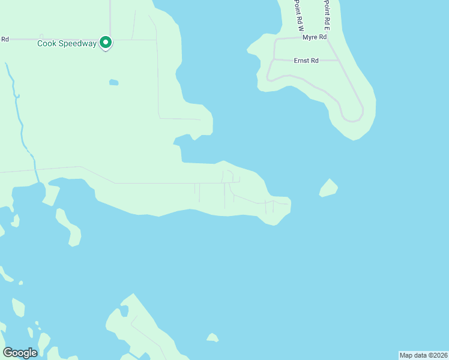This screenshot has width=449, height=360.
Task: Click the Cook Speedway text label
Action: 67,43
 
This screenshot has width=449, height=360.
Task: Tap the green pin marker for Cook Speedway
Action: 106,42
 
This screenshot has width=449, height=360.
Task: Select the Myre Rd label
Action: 314,37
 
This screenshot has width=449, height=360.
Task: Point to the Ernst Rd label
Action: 306,60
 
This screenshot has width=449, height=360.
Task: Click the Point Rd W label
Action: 298,15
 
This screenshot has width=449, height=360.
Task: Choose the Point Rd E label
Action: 327,15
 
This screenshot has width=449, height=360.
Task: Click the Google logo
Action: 20,352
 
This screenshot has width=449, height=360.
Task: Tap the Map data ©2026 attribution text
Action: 423,355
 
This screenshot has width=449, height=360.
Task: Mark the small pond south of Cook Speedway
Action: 113,82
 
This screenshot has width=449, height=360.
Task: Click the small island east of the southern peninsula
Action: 328,188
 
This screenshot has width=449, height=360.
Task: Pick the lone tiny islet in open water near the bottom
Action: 212,338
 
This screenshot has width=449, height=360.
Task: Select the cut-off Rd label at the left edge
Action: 4,40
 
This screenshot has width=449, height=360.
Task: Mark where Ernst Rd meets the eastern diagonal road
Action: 340,61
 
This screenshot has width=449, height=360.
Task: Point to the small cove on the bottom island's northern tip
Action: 124,311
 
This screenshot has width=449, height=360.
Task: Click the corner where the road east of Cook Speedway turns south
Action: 157,40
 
